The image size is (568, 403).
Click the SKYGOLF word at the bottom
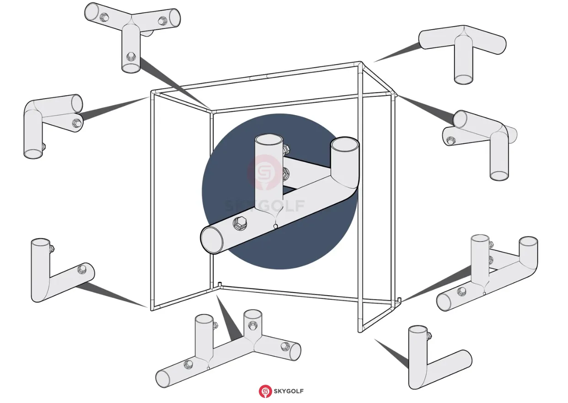(x=289, y=391)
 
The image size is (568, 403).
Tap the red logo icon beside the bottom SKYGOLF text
(x=265, y=391)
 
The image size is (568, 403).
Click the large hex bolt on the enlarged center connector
(x=240, y=223)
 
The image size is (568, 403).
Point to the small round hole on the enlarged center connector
(x=276, y=226)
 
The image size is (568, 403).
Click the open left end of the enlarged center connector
(x=212, y=240)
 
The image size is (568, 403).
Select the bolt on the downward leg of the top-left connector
(x=131, y=57)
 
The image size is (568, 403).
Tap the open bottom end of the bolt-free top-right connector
(x=464, y=80)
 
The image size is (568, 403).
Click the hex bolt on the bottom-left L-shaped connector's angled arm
(x=82, y=269)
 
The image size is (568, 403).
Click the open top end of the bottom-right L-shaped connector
(x=418, y=330)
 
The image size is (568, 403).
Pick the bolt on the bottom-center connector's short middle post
(x=252, y=325)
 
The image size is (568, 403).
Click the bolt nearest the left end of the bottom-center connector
(x=188, y=364)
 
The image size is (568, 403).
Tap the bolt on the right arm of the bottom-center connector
(x=285, y=346)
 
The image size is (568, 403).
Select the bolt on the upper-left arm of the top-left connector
(x=104, y=17)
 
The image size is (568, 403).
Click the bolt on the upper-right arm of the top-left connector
(x=162, y=21)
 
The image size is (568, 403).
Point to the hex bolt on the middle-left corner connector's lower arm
(x=76, y=123)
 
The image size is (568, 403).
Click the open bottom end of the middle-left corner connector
(x=33, y=154)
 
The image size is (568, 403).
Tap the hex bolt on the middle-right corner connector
(x=451, y=140)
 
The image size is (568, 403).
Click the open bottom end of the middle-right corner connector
(x=499, y=176)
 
